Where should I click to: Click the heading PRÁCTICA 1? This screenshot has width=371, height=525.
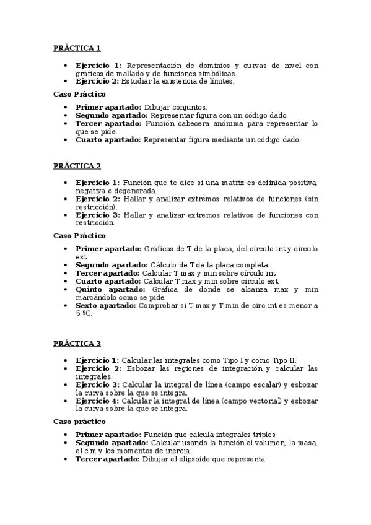[77, 48]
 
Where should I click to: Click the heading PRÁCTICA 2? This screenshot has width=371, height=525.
[77, 167]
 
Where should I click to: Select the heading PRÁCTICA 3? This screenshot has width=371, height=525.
[77, 344]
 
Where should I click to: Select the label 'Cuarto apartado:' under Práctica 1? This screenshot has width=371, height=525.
[108, 140]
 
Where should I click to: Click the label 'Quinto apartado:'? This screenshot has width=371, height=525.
[110, 289]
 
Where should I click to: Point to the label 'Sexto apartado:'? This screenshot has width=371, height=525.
[106, 305]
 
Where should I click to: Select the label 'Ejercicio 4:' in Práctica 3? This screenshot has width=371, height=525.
[97, 400]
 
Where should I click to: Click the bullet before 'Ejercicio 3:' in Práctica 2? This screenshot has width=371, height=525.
[67, 215]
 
